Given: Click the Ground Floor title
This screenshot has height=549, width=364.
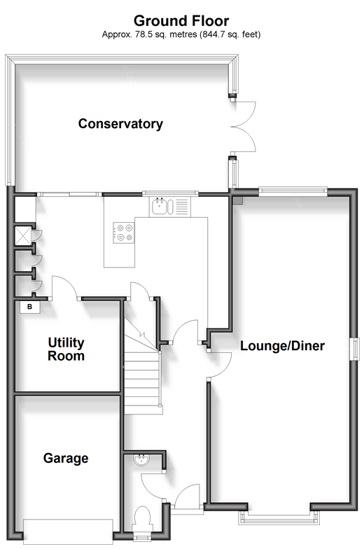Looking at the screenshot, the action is pyautogui.click(x=181, y=21).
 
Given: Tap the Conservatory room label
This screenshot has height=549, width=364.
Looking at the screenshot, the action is pyautogui.click(x=120, y=123).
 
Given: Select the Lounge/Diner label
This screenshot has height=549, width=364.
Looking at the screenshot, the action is pyautogui.click(x=282, y=346).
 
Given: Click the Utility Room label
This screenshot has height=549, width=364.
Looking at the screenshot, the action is pyautogui.click(x=66, y=349).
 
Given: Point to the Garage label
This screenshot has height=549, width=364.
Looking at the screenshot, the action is pyautogui.click(x=66, y=458).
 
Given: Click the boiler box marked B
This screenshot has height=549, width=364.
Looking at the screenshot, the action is pyautogui.click(x=29, y=307).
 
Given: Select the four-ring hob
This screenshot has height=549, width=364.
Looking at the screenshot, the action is pyautogui.click(x=123, y=232).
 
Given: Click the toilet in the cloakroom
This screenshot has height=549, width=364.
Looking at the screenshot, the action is pyautogui.click(x=143, y=520).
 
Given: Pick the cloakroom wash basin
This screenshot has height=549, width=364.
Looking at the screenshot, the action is pyautogui.click(x=141, y=460).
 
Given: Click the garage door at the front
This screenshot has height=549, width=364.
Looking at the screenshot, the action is pyautogui.click(x=68, y=531).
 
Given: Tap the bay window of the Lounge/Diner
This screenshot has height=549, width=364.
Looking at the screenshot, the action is pyautogui.click(x=279, y=518).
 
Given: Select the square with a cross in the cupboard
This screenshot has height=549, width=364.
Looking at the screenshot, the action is pyautogui.click(x=22, y=235).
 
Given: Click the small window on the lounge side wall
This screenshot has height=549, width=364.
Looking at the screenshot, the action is pyautogui.click(x=356, y=349).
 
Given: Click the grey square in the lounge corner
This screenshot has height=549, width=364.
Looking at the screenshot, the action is pyautogui.click(x=238, y=200).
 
